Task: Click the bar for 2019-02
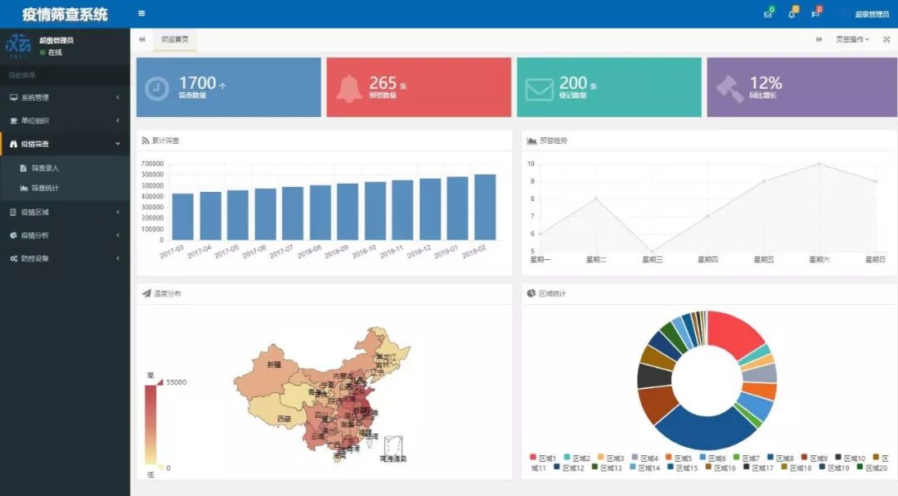click(x=485, y=207)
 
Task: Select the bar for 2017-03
click(x=183, y=217)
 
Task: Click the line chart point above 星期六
click(x=819, y=164)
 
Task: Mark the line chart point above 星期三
click(x=652, y=251)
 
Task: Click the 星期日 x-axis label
click(x=875, y=260)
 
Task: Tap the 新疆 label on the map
click(x=274, y=365)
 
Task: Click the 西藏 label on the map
click(x=284, y=419)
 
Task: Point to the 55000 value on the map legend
click(x=175, y=382)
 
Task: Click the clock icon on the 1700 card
click(x=156, y=88)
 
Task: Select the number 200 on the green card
click(x=573, y=83)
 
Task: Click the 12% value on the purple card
click(x=765, y=83)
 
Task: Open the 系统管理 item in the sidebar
click(x=35, y=97)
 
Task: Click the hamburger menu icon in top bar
click(x=141, y=13)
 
